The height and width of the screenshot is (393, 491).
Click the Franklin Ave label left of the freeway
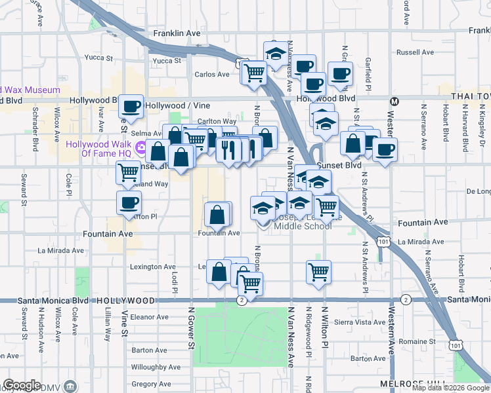click(176, 33)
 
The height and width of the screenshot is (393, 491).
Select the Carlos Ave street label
click(212, 75)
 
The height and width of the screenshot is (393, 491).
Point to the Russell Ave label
click(413, 52)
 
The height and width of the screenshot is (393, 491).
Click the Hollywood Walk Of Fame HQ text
click(98, 149)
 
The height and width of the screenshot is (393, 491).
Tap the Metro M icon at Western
click(395, 102)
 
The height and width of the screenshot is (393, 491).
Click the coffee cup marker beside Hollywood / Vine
click(131, 105)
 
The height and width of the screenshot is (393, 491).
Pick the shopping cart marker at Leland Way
click(127, 173)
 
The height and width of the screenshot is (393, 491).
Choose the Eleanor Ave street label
click(145, 317)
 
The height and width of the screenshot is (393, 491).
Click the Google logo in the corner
click(22, 385)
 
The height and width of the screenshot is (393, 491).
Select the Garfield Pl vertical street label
click(368, 72)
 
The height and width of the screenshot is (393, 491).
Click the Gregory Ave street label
click(152, 384)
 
